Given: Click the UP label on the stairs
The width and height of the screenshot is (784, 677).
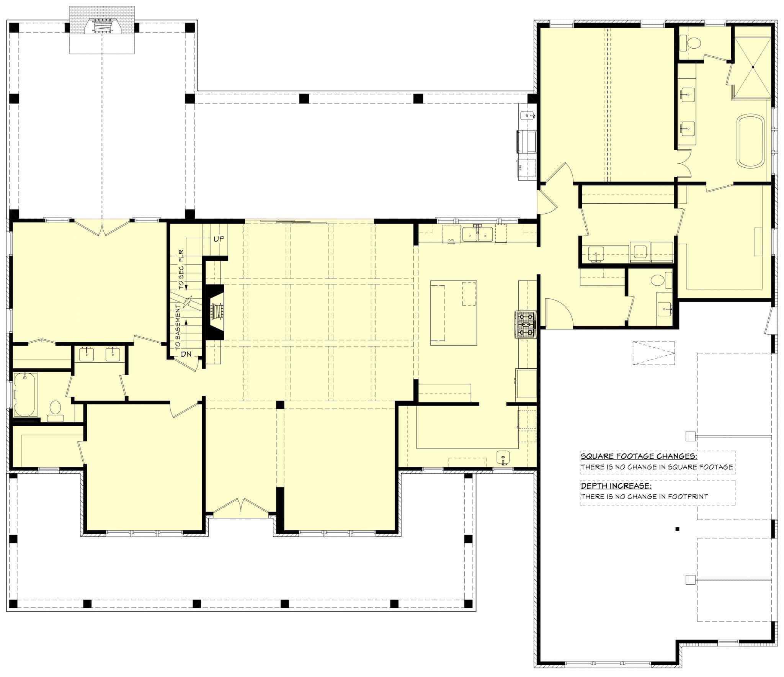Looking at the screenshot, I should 219,239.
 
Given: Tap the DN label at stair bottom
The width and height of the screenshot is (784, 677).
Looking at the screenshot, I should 186,354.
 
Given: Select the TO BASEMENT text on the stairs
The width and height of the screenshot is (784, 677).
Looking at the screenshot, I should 178,327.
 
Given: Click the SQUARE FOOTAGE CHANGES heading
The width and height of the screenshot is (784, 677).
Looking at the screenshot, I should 639,456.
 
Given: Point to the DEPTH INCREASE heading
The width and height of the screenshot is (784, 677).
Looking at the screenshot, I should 616,486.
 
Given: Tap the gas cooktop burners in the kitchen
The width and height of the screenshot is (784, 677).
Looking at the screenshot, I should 526,325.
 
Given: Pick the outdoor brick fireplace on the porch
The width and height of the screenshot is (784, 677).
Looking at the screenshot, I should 102,28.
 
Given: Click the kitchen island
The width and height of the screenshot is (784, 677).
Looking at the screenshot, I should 453,313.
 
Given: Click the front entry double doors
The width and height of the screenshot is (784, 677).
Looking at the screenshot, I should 240,506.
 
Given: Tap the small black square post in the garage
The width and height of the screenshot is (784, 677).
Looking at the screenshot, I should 677,529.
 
